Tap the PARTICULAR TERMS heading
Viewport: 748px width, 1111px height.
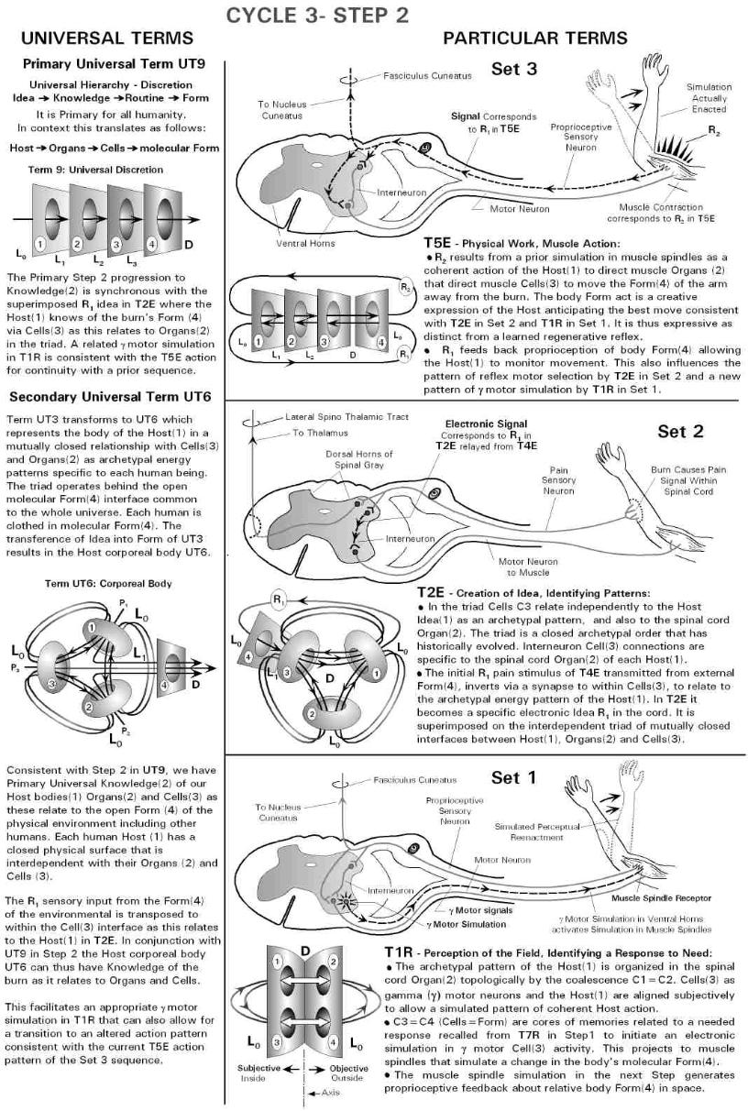535,38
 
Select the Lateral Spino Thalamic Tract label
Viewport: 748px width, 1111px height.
347,416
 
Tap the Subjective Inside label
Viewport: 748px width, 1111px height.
258,1072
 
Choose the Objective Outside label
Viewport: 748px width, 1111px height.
324,1072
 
